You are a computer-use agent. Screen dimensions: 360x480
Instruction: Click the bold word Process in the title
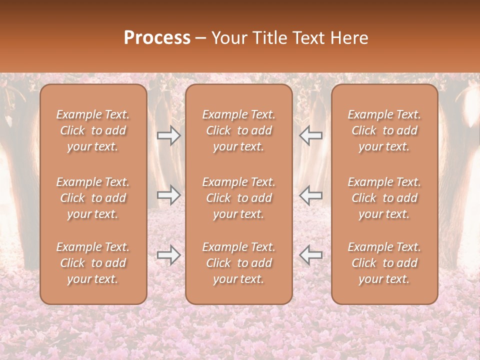pyautogui.click(x=157, y=38)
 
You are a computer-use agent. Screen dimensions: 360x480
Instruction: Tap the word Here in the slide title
pyautogui.click(x=348, y=38)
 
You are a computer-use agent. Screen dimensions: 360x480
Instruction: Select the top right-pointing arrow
pyautogui.click(x=168, y=135)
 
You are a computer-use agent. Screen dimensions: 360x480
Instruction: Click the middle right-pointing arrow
pyautogui.click(x=168, y=195)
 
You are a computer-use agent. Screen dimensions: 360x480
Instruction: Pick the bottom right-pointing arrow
pyautogui.click(x=168, y=255)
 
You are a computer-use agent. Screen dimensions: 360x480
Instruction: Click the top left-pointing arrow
pyautogui.click(x=311, y=135)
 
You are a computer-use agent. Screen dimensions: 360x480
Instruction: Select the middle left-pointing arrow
pyautogui.click(x=311, y=195)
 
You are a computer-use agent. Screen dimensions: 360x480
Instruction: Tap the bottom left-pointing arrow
pyautogui.click(x=311, y=255)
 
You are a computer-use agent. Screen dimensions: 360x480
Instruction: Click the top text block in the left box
pyautogui.click(x=93, y=130)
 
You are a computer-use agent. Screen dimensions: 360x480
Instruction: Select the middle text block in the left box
pyautogui.click(x=93, y=198)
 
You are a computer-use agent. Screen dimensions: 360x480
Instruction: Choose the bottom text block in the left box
pyautogui.click(x=93, y=263)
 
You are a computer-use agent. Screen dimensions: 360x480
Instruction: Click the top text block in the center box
pyautogui.click(x=238, y=130)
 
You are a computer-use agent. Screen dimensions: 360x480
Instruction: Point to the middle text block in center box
pyautogui.click(x=238, y=198)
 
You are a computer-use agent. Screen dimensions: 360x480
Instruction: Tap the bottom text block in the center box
pyautogui.click(x=238, y=263)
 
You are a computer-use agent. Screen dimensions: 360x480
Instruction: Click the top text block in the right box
pyautogui.click(x=384, y=130)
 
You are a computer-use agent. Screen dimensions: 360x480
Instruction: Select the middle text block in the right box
pyautogui.click(x=384, y=198)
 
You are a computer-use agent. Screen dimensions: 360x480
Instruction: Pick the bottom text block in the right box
pyautogui.click(x=384, y=263)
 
